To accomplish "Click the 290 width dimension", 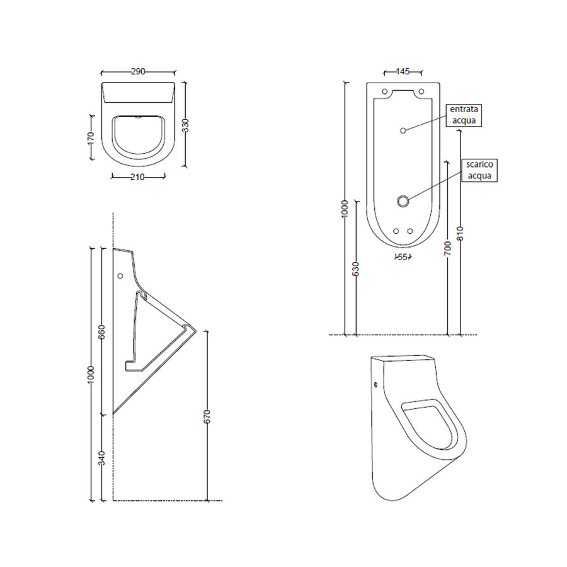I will [139, 72].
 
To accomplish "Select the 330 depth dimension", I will [185, 125].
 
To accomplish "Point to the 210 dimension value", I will [138, 177].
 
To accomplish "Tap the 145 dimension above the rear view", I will [403, 72].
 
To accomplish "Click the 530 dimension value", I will [356, 268].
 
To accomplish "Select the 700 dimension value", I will [447, 248].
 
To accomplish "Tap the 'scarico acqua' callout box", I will [479, 170].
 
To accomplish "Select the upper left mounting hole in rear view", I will [384, 92].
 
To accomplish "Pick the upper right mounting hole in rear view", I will [422, 92].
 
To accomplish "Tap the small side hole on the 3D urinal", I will [376, 384].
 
